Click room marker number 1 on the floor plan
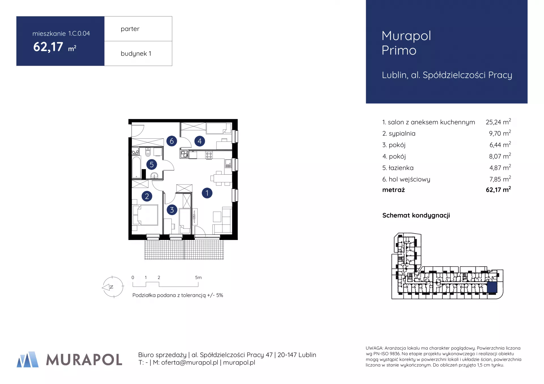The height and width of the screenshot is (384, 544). pos(207,193)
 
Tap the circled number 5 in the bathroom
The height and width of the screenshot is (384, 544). pos(152,164)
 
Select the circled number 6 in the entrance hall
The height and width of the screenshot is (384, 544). pos(172,141)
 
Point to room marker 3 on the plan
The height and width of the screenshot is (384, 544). pos(172,210)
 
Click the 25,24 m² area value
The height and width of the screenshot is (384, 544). pos(498,122)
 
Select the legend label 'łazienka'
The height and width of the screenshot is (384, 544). pos(401,168)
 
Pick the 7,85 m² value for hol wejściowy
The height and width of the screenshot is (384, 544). pos(500,179)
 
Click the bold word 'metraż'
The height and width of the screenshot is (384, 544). pos(393,190)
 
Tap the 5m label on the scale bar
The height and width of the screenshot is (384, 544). pos(198,278)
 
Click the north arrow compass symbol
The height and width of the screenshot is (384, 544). pos(112,287)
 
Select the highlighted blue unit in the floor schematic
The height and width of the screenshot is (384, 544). pos(492,287)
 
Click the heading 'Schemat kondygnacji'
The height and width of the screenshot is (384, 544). pos(416,215)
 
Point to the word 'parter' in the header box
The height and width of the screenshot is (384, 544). pos(130,29)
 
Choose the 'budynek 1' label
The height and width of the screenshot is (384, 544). pos(136,53)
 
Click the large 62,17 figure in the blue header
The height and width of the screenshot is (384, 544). pos(48,47)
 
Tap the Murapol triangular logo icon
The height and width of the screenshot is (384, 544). pos(28,359)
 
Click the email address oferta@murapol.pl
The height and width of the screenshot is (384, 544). pos(190,362)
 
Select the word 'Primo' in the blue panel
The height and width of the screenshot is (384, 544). pos(399,50)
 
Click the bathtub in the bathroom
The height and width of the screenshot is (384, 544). pos(137,167)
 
